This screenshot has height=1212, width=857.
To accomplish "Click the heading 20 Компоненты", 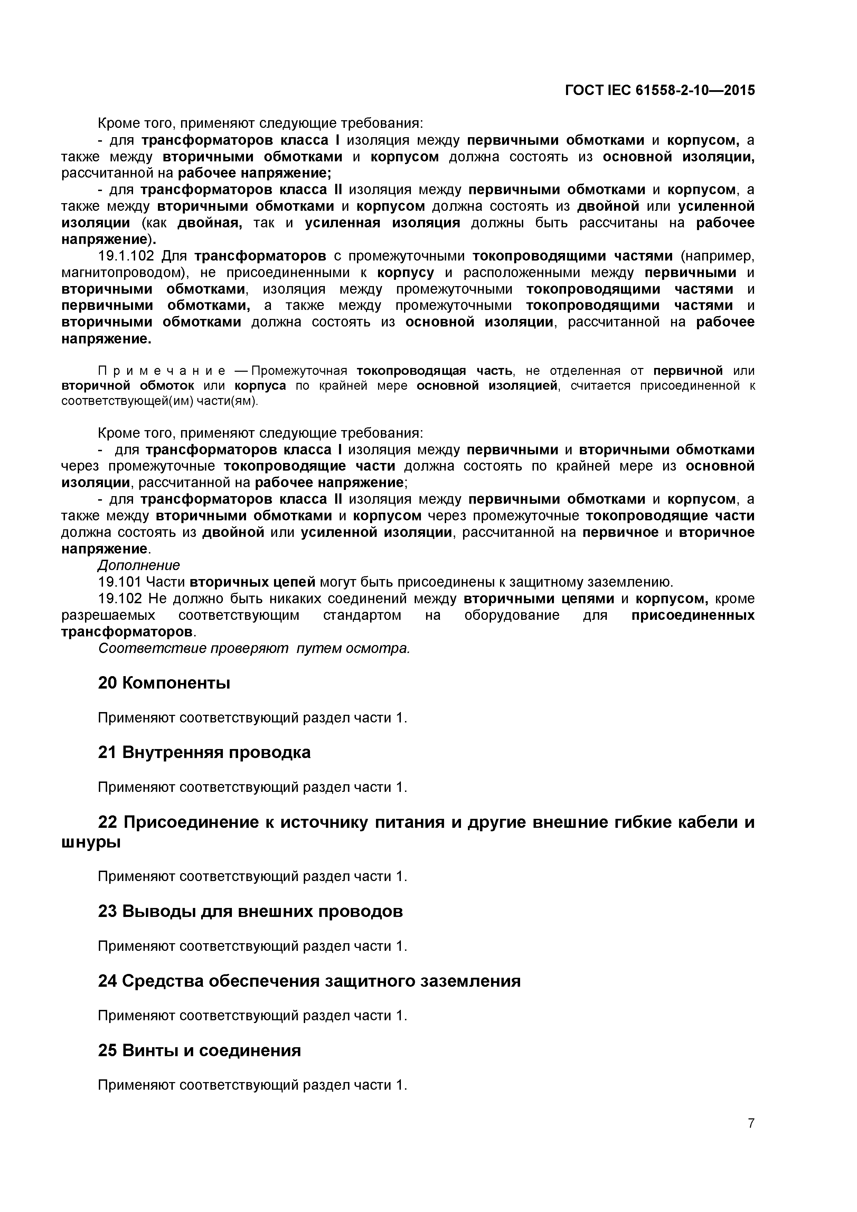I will pos(164,683).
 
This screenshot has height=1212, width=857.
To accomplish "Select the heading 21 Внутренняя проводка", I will pos(204,752).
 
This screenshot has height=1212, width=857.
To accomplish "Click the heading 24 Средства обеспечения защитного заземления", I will pos(309,981).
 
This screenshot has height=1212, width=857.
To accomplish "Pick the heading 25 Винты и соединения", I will pos(200,1050).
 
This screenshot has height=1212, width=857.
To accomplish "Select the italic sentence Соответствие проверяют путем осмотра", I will pos(254,648).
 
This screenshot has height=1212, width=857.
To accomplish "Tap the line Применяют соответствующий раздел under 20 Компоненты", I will pos(252,718).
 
